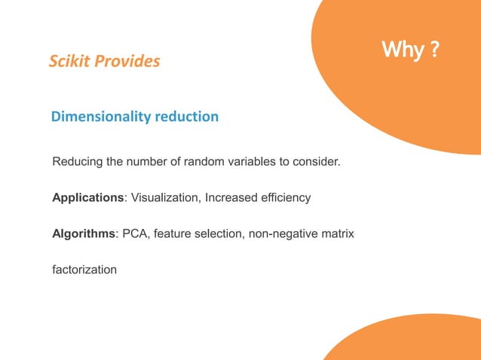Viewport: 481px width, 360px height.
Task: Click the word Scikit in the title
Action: [69, 62]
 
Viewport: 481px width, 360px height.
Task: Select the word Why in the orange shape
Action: [401, 50]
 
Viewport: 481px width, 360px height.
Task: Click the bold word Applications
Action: [87, 197]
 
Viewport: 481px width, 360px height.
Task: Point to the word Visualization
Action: [165, 197]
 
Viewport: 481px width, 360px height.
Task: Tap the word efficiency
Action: [283, 197]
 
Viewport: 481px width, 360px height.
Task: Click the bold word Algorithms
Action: [83, 233]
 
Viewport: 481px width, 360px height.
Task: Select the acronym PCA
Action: [133, 233]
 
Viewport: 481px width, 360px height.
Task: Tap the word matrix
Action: [337, 233]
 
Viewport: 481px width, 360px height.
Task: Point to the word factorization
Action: [84, 269]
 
